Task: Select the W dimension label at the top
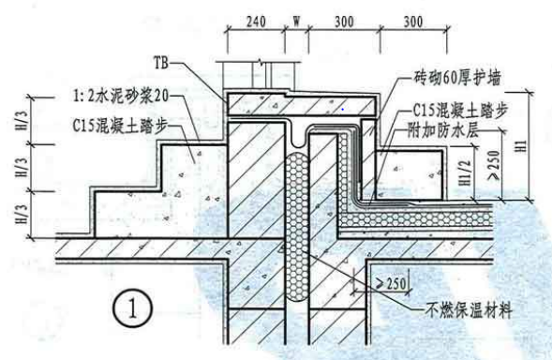click(x=296, y=19)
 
